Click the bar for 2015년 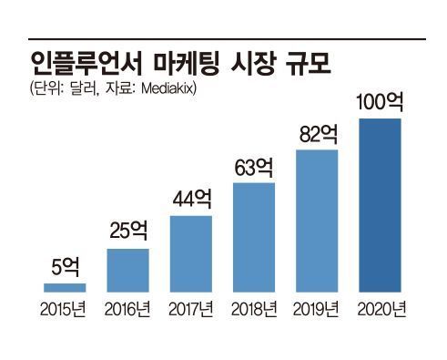coord(65,287)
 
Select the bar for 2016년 coord(127,270)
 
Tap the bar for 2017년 coord(191,253)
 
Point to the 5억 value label coord(65,268)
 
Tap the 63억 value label coord(254,168)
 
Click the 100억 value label coord(381,101)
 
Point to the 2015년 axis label coord(65,307)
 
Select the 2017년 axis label coord(191,307)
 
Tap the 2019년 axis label coord(318,307)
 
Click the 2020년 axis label coord(381,307)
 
